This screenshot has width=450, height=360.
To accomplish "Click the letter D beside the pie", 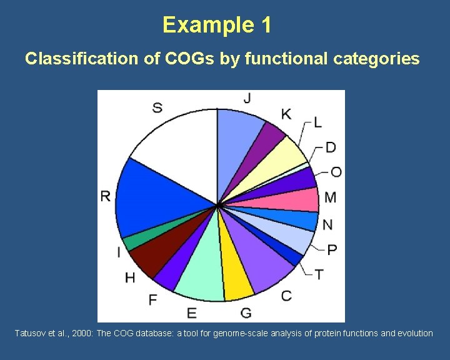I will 331,147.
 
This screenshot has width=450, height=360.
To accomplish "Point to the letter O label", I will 336,172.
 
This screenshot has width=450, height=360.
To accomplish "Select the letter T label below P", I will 319,274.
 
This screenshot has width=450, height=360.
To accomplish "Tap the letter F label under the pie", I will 152,300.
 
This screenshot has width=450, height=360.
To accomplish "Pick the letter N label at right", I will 327,224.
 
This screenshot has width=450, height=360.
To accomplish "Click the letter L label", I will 317,122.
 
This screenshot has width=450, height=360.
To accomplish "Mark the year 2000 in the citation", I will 81,333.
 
